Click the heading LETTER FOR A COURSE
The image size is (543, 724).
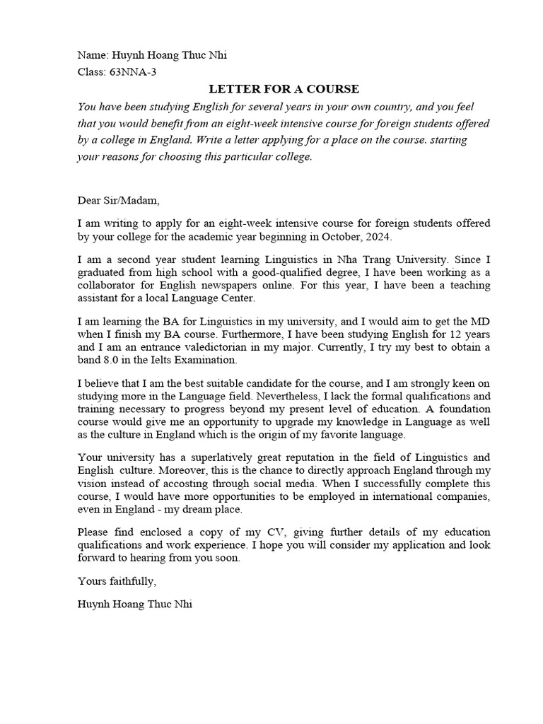click(x=284, y=88)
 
